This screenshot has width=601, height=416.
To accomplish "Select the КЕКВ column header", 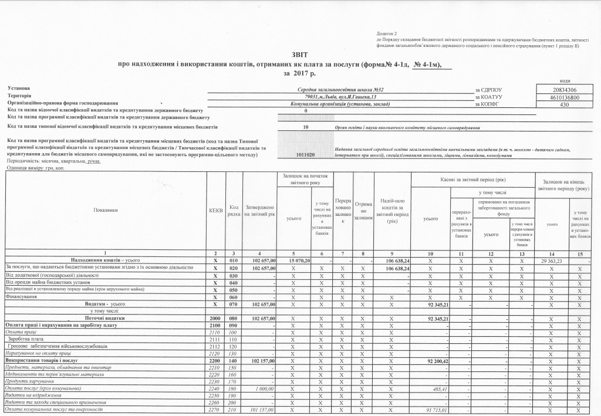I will click(215, 209).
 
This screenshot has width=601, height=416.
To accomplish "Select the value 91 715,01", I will click(435, 410).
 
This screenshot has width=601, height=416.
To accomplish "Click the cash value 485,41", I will click(440, 388).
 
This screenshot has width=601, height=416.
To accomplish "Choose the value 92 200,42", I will click(435, 360).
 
